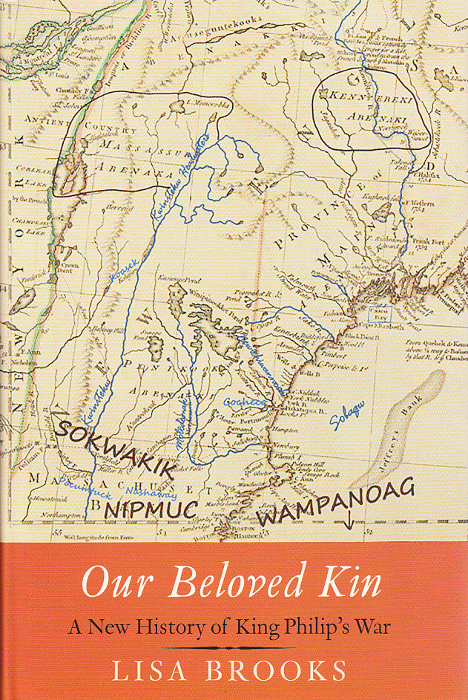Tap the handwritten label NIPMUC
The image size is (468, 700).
[x=151, y=508]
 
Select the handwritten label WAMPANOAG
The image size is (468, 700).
[x=334, y=511]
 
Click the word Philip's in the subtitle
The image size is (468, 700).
[x=317, y=624]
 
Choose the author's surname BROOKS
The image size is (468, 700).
[x=276, y=671]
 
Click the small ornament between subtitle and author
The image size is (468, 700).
[x=234, y=647]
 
